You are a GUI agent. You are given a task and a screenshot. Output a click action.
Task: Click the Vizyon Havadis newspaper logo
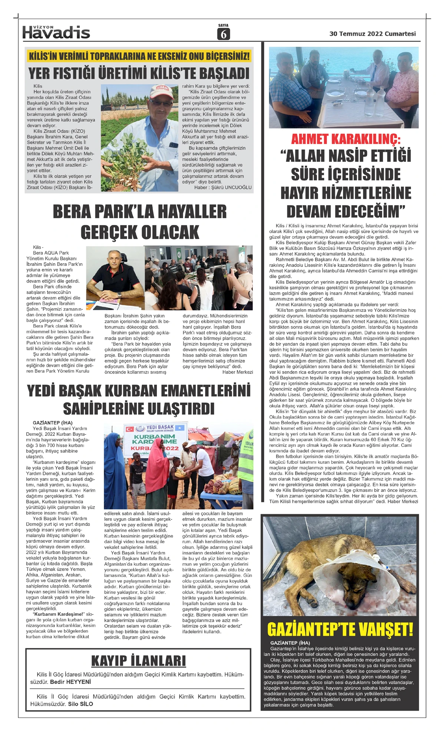[56, 32]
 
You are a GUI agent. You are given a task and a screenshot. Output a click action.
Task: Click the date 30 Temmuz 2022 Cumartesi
[372, 34]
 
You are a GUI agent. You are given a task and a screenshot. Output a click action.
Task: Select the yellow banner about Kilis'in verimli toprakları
[139, 56]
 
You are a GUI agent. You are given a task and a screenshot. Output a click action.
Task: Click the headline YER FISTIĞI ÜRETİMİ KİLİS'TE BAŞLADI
[139, 73]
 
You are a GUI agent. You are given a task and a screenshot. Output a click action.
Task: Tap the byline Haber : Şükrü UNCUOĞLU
[223, 187]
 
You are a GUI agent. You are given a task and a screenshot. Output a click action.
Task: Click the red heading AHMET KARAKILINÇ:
[346, 139]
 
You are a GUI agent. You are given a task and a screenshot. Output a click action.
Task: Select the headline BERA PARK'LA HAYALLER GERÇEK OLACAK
[140, 222]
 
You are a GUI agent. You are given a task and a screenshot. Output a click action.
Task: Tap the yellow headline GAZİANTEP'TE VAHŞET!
[340, 630]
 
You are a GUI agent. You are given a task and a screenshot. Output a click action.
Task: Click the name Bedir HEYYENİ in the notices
[70, 682]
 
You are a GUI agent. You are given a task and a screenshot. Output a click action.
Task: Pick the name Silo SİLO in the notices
[80, 704]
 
